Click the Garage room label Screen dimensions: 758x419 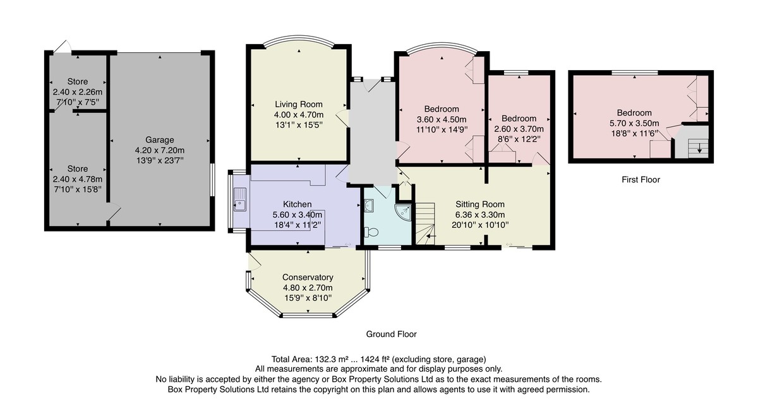(160, 139)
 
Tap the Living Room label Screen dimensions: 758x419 (298, 104)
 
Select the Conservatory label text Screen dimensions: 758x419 (308, 277)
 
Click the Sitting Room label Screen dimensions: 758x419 (480, 204)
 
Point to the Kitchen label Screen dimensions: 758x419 (297, 204)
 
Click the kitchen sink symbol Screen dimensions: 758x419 (240, 199)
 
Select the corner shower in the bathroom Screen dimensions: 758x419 (404, 212)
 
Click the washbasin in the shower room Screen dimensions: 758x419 (369, 204)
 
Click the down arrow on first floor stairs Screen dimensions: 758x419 (699, 148)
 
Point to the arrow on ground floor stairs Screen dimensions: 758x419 (431, 236)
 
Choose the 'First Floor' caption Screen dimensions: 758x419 (641, 180)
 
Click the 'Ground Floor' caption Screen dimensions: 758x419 (391, 334)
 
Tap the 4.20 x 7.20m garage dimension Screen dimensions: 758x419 (160, 150)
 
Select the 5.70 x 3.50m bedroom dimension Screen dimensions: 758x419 (634, 123)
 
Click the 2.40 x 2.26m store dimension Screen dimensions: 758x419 (78, 92)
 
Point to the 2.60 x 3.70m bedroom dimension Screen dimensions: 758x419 (519, 129)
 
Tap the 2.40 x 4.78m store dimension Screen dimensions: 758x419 (78, 179)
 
